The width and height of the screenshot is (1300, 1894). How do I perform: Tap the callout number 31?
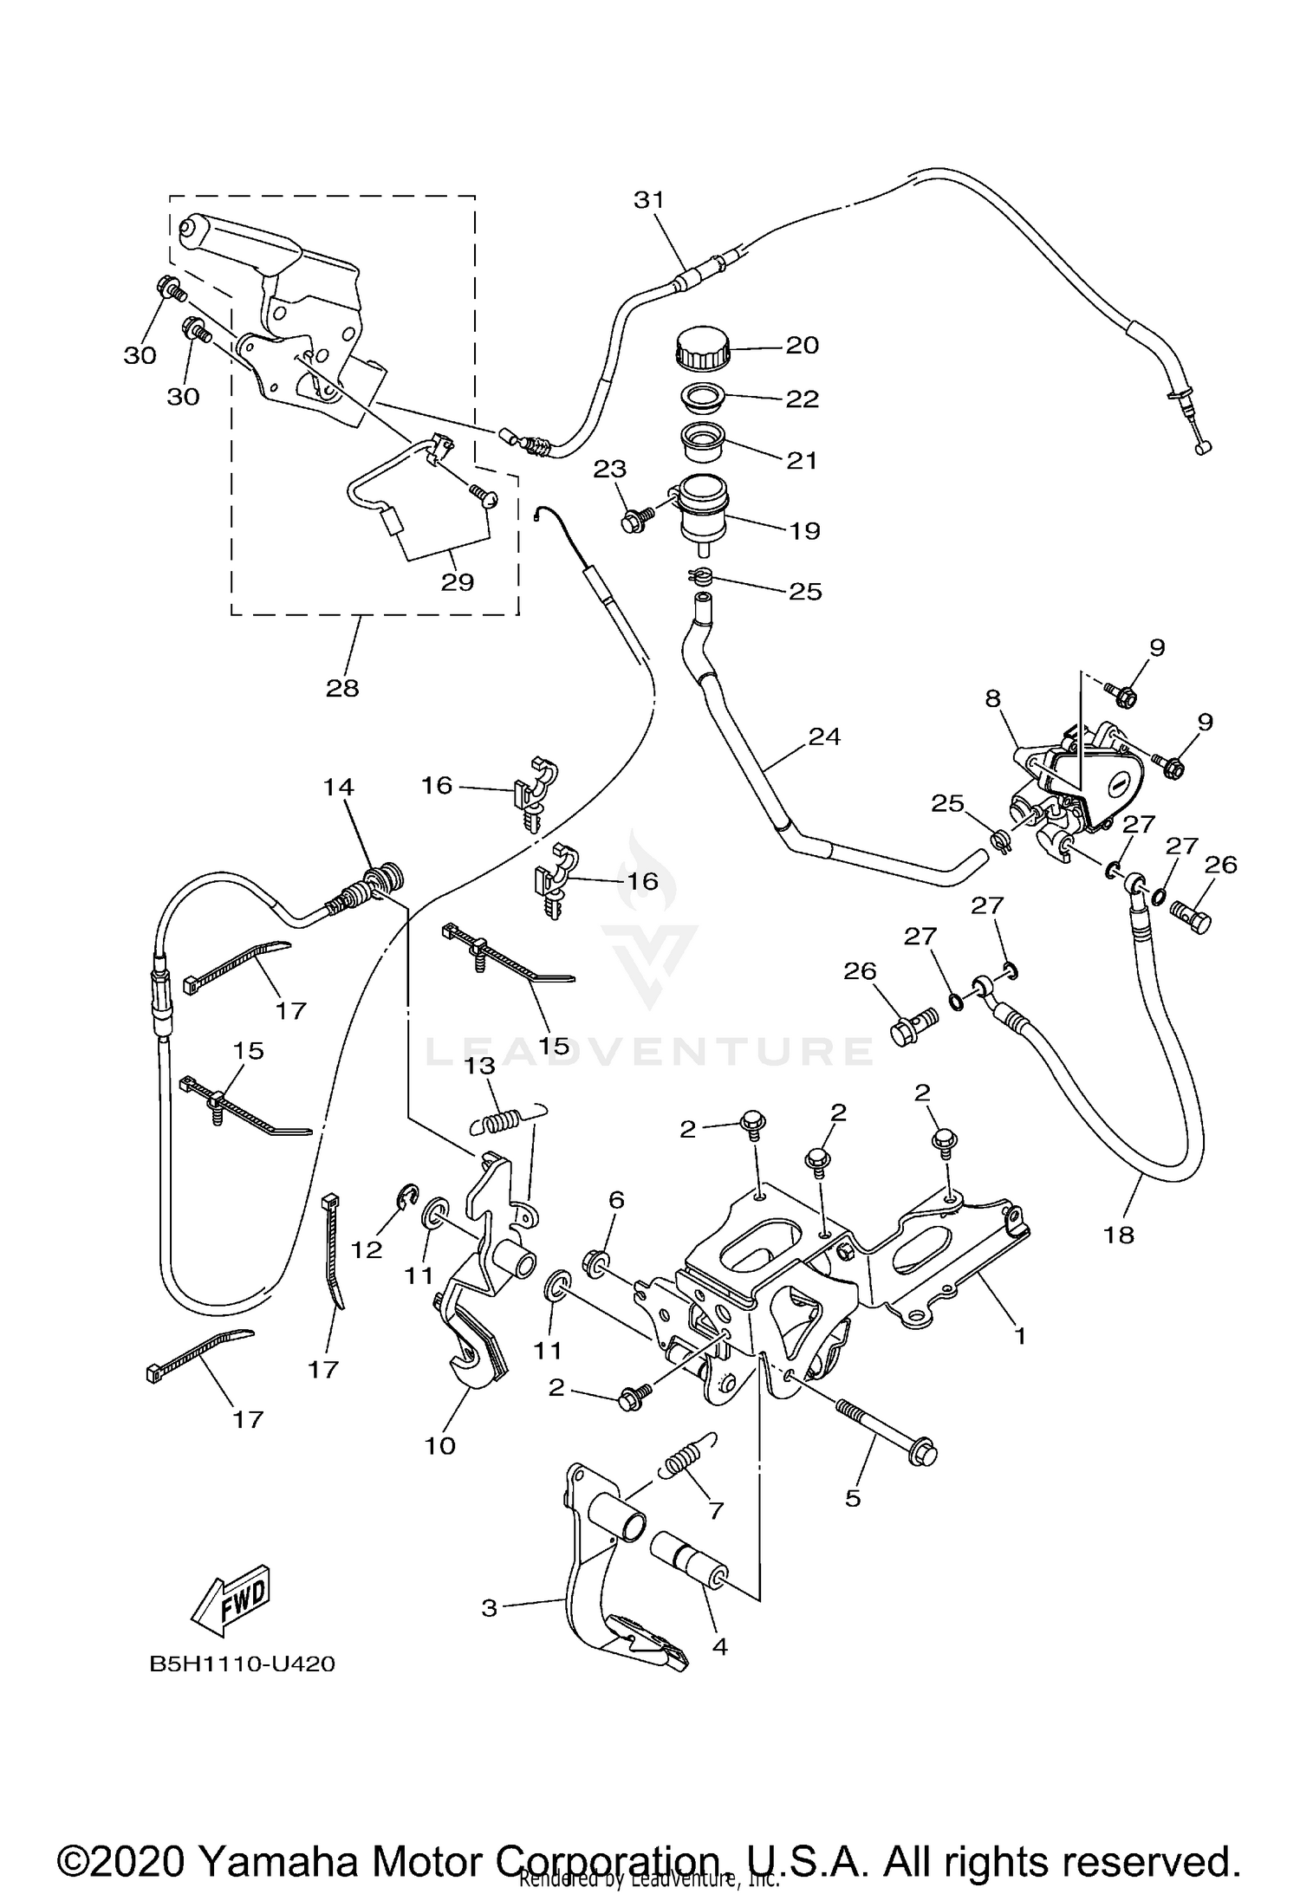point(648,200)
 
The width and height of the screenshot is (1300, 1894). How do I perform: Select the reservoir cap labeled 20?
point(701,347)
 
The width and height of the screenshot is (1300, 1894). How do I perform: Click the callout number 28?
point(342,688)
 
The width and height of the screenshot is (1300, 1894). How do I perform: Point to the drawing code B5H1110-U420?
point(242,1664)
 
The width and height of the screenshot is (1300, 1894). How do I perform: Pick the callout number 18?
point(1119,1235)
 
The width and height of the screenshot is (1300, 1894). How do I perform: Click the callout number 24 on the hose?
point(824,736)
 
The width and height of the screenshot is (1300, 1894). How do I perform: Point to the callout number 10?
point(439,1445)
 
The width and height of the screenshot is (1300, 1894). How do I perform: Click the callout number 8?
point(992,698)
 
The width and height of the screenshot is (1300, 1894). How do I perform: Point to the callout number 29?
point(457,581)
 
